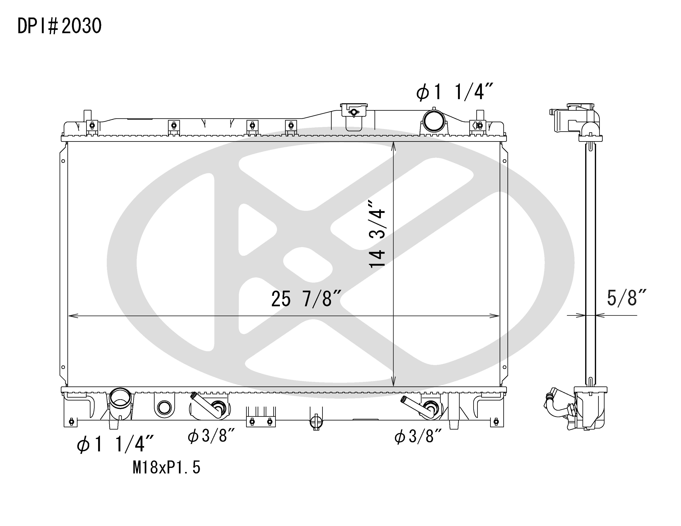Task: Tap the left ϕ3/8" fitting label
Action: click(211, 436)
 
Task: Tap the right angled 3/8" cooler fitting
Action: click(418, 406)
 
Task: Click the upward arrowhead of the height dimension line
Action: click(393, 147)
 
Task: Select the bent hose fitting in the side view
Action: click(557, 405)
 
